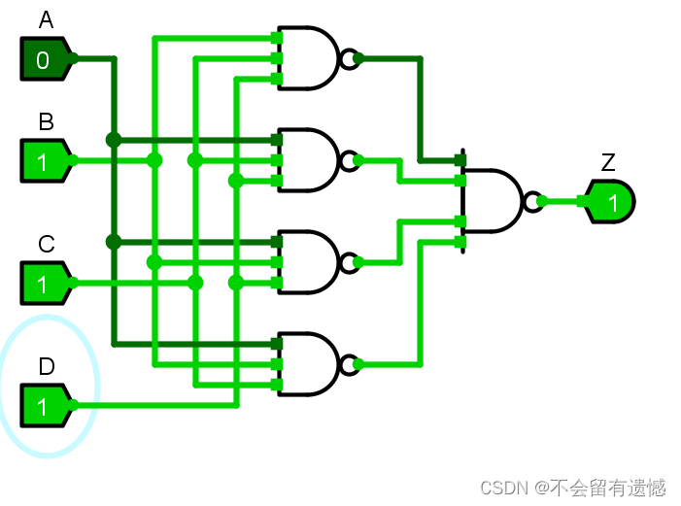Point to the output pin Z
click(611, 202)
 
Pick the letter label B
click(46, 122)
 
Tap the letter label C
click(46, 245)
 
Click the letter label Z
click(608, 162)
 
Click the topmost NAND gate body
click(308, 58)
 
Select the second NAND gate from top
click(308, 160)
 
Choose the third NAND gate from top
click(308, 262)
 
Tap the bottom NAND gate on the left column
click(308, 364)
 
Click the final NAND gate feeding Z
click(492, 201)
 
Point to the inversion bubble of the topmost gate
click(348, 59)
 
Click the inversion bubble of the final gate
click(531, 202)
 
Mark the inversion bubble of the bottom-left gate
click(348, 365)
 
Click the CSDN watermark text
click(573, 486)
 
